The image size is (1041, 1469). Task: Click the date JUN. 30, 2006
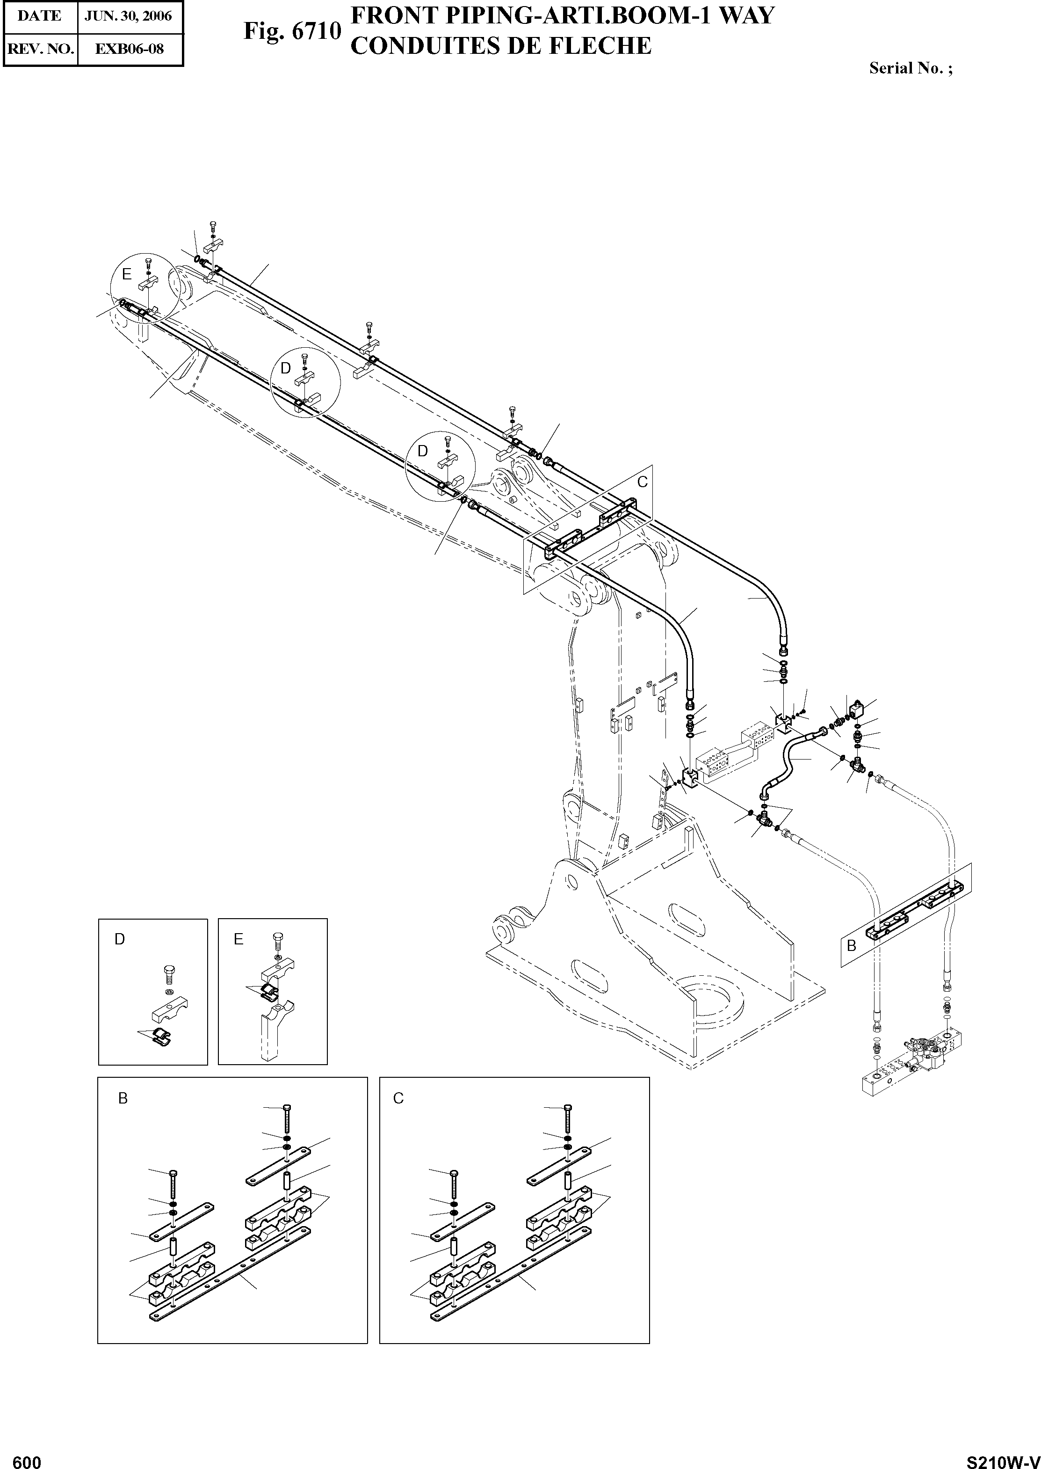tap(128, 16)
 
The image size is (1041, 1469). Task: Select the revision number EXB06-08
tap(130, 49)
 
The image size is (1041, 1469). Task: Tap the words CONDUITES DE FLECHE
tap(501, 45)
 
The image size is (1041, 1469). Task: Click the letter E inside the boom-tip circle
tap(127, 275)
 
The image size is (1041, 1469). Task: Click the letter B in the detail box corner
tap(123, 1099)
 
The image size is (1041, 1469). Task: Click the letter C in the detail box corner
tap(398, 1099)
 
